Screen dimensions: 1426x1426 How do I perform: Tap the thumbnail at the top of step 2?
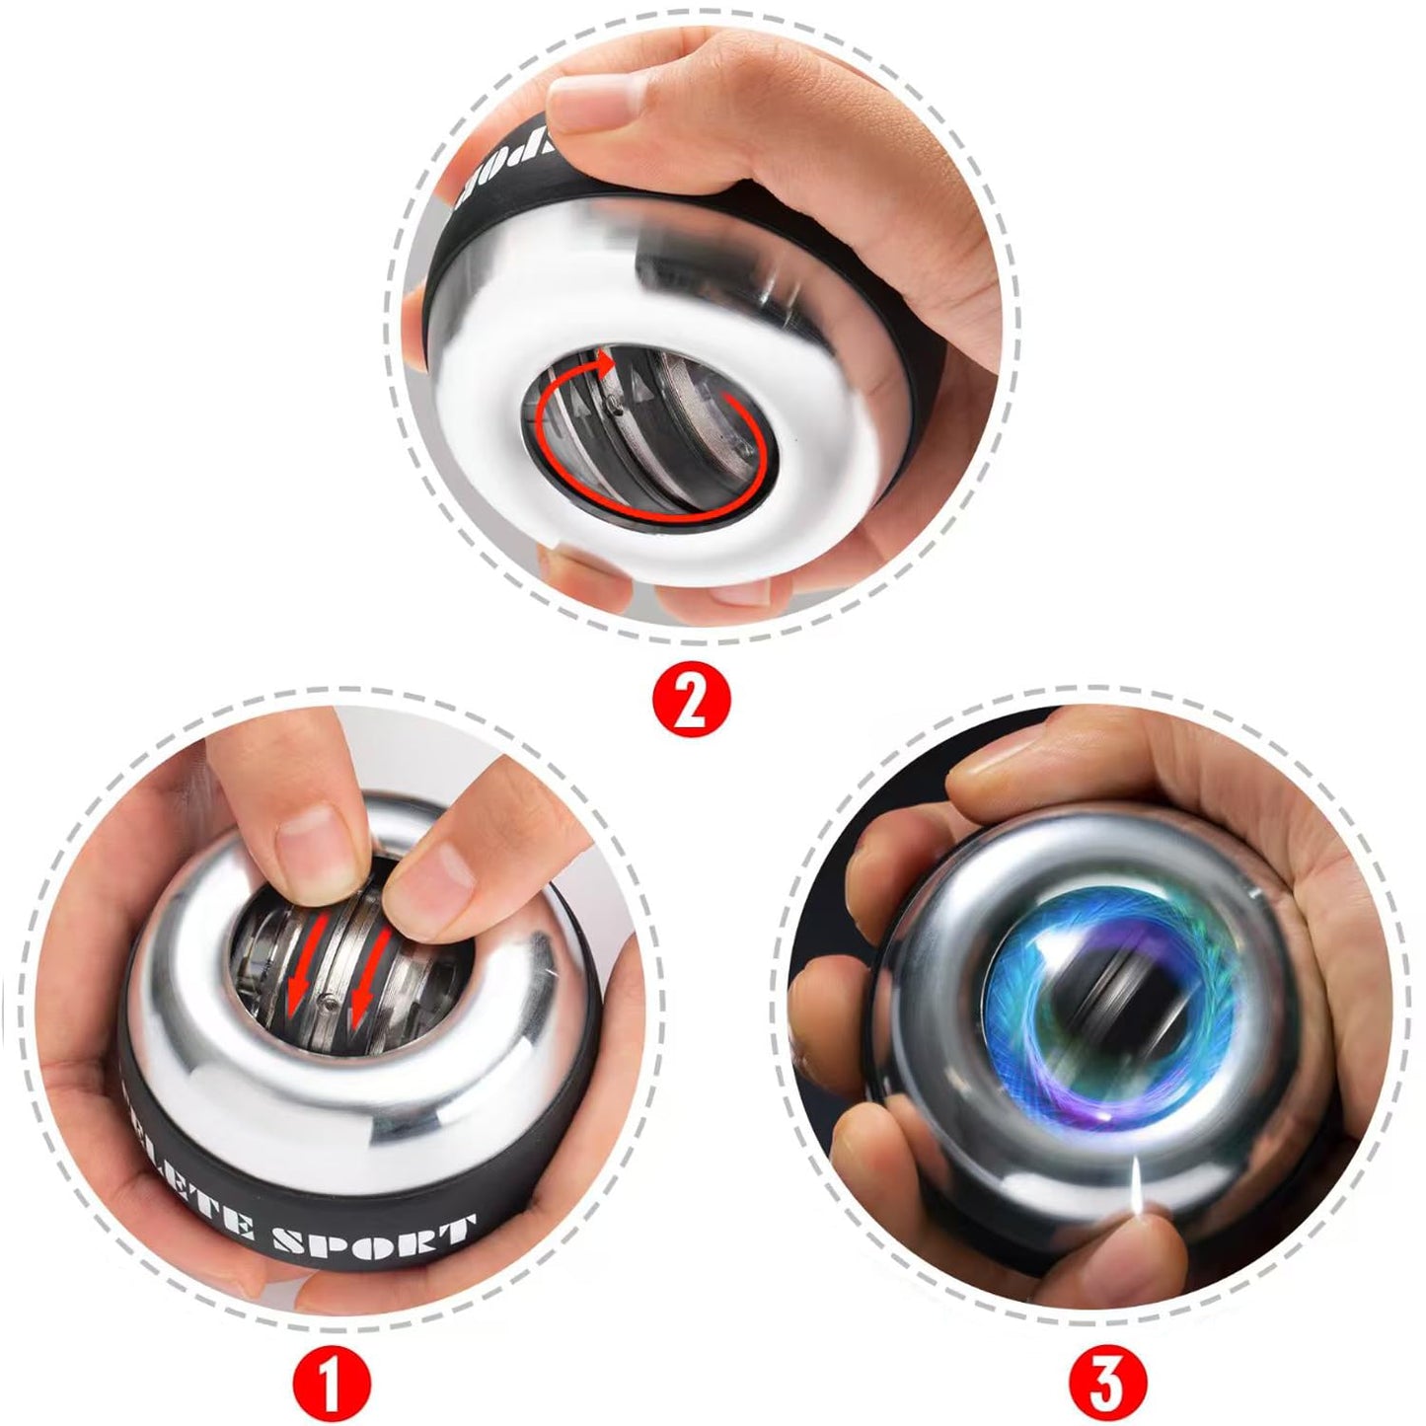[582, 101]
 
